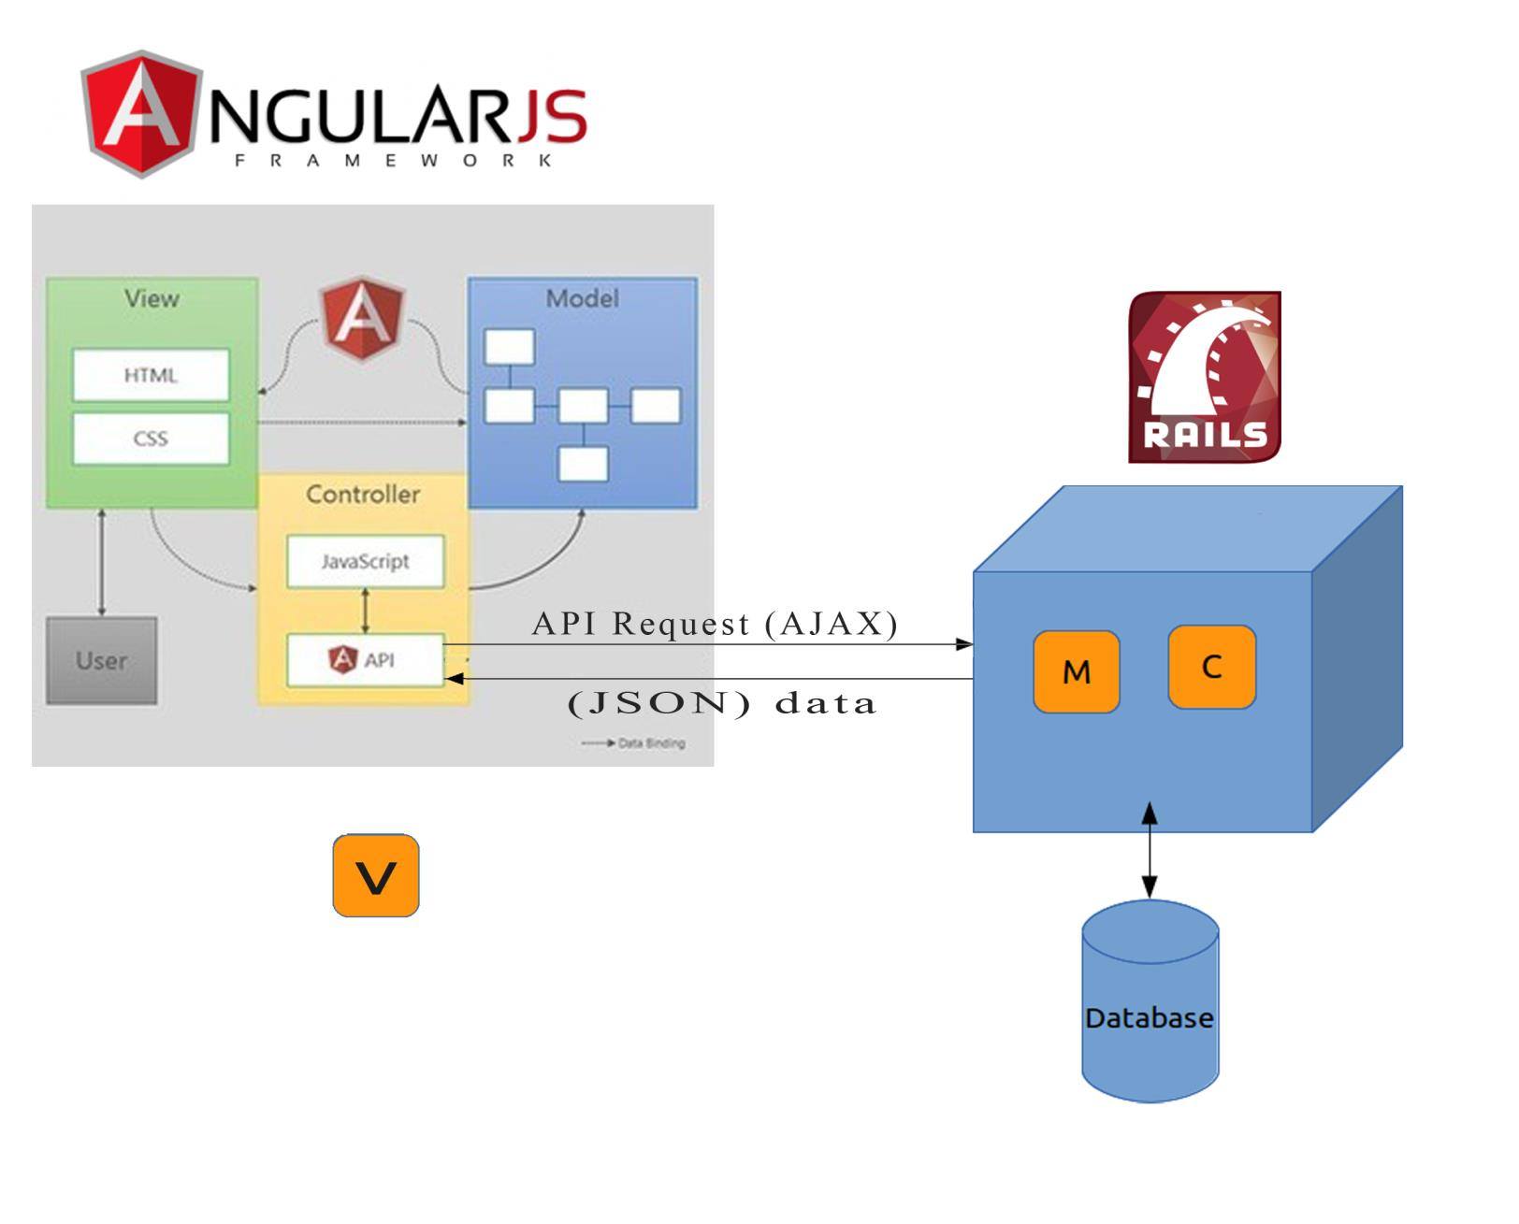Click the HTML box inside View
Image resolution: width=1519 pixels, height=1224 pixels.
coord(151,375)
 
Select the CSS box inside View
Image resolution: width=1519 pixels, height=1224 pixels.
coord(151,439)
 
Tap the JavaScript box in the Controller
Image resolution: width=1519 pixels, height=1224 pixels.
coord(366,561)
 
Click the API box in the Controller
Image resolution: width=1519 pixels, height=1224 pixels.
coord(366,660)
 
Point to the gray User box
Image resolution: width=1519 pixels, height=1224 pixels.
coord(102,661)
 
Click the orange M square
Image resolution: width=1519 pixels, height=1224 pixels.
coord(1077,671)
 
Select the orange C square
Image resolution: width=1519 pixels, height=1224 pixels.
coord(1212,667)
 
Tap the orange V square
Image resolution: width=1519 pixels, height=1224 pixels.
coord(376,875)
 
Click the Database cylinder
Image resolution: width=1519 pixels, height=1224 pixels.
coord(1150,1001)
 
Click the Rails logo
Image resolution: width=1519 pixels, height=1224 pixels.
coord(1204,377)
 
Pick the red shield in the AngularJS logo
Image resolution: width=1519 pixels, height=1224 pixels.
coord(141,113)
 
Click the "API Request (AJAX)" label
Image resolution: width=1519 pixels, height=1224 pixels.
coord(715,624)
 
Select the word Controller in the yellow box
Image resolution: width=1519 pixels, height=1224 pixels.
coord(364,494)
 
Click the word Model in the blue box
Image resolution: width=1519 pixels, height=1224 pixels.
coord(583,298)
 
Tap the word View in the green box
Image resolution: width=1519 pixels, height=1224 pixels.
coord(152,298)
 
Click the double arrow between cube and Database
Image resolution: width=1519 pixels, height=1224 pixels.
coord(1150,851)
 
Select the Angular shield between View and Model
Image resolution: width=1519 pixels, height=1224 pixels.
coord(362,318)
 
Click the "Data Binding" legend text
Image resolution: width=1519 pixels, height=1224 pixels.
coord(652,743)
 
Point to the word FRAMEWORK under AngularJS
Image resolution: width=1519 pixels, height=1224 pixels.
coord(393,161)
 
